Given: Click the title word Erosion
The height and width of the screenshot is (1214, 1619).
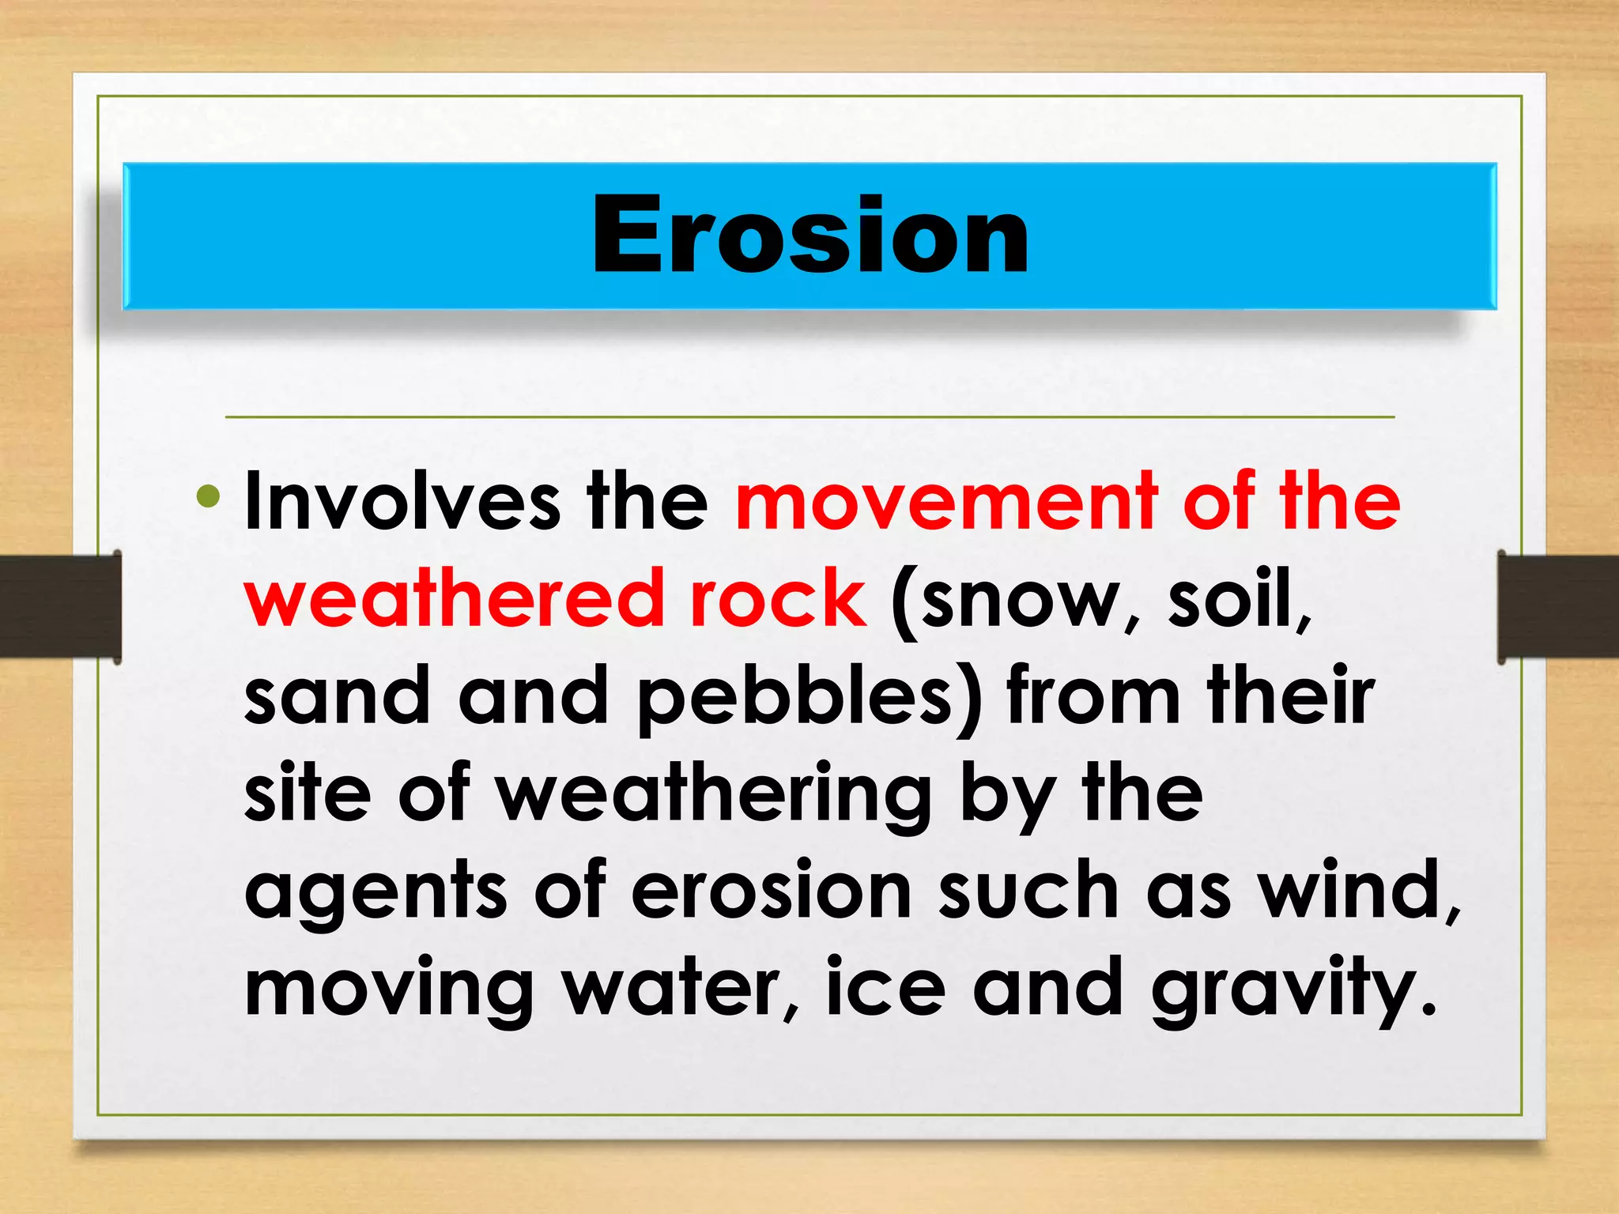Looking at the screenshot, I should [x=810, y=236].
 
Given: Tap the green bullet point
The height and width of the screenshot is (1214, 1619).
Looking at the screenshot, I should [x=209, y=497].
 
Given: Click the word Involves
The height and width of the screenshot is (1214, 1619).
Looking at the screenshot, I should [x=402, y=501].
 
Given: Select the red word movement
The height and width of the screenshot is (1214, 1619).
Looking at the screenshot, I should [x=945, y=501].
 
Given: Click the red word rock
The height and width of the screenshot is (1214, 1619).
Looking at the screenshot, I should [x=778, y=598].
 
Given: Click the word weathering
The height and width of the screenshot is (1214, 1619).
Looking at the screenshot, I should [x=714, y=795].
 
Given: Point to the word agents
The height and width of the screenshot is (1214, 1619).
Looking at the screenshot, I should [x=376, y=892].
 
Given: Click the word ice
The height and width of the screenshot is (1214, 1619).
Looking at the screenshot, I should [x=885, y=987].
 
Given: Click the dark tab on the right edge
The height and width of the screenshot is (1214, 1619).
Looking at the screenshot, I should [x=1557, y=606].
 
